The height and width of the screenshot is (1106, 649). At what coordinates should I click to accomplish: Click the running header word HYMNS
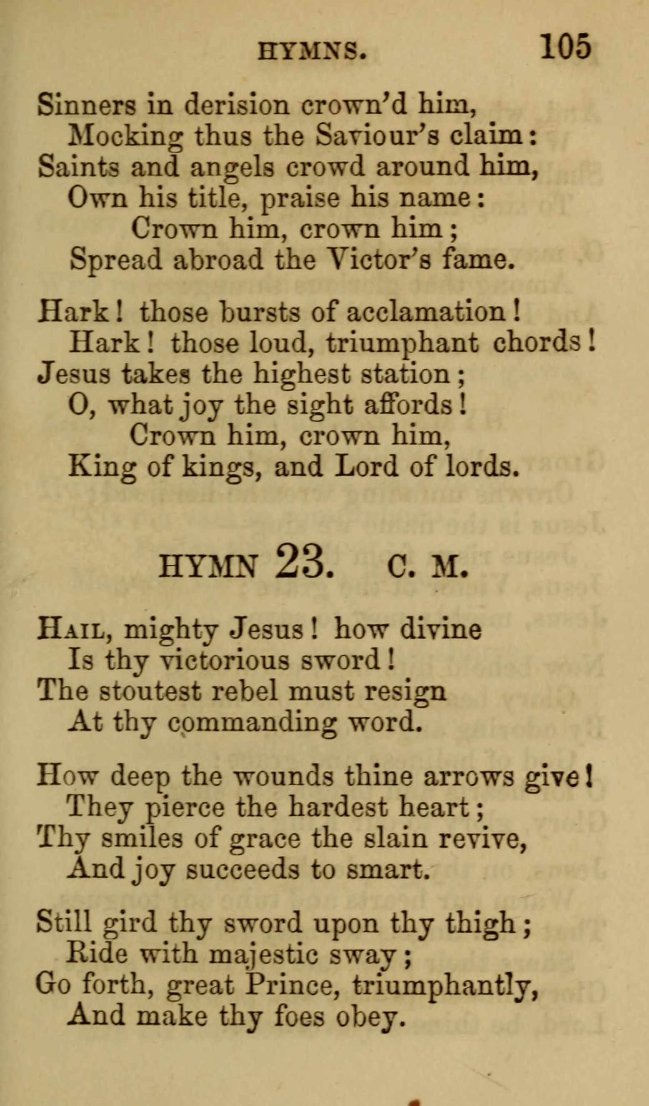(312, 52)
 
